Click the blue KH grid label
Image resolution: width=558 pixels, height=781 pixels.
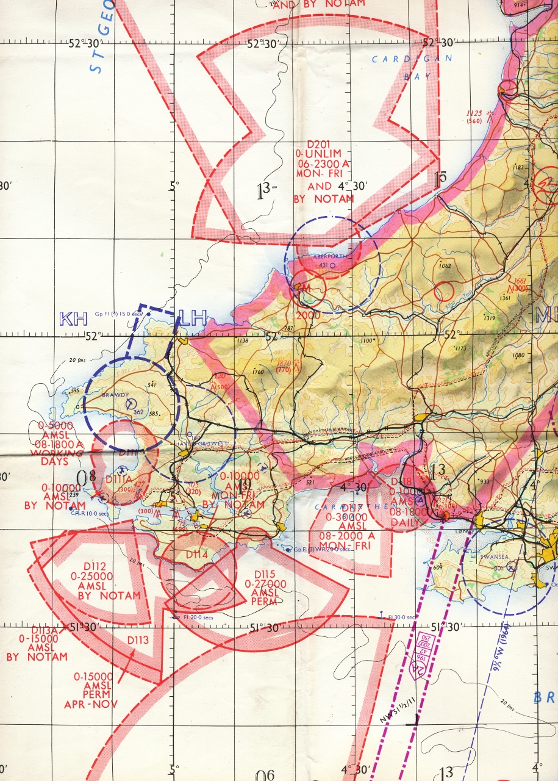pos(73,319)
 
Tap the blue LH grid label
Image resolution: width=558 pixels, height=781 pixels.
pos(194,318)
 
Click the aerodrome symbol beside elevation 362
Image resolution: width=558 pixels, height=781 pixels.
pos(131,403)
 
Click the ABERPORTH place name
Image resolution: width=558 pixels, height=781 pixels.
pos(328,257)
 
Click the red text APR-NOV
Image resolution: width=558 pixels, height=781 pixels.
pos(91,704)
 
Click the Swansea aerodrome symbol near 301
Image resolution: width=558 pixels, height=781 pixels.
pos(512,566)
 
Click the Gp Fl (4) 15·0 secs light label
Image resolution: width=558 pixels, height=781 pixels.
pos(118,314)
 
